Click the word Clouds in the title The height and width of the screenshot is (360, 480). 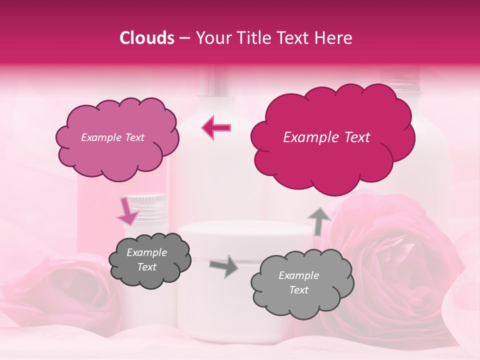pos(147,38)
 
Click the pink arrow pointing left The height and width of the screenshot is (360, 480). pos(216,128)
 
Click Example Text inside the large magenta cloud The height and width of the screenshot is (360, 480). pos(326,137)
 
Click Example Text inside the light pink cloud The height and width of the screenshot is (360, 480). pos(112,137)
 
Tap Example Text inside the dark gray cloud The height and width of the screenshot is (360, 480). pos(147,260)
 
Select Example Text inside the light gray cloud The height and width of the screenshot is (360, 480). pos(298,282)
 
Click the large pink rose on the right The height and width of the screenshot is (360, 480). pos(395,260)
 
